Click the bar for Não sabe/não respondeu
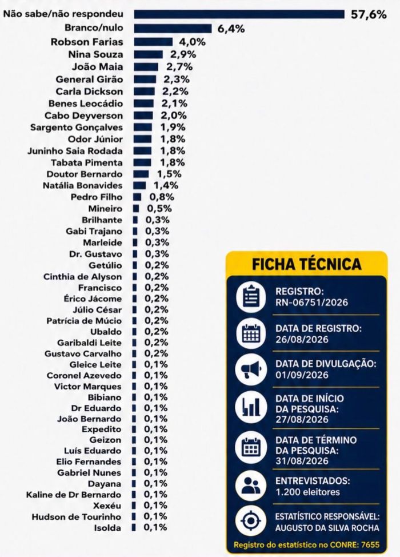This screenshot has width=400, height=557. [239, 14]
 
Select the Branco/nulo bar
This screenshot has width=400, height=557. [173, 29]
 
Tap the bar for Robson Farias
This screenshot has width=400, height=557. [153, 42]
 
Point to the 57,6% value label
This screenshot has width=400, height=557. [369, 14]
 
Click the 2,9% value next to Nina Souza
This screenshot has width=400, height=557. [183, 54]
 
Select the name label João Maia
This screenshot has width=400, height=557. [98, 67]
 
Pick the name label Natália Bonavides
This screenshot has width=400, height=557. [82, 185]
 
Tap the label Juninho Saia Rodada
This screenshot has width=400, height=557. [75, 151]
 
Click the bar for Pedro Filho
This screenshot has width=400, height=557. [137, 197]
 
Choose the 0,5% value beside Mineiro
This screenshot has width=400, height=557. [160, 209]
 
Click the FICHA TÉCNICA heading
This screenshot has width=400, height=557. [307, 264]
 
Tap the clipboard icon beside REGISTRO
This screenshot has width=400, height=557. [251, 297]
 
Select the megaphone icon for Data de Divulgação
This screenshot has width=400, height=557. [251, 369]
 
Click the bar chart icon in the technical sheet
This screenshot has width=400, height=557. [251, 407]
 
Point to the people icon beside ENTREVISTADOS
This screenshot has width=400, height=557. [251, 486]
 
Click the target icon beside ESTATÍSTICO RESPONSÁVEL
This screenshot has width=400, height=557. [251, 521]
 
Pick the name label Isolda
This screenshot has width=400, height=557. [107, 528]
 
